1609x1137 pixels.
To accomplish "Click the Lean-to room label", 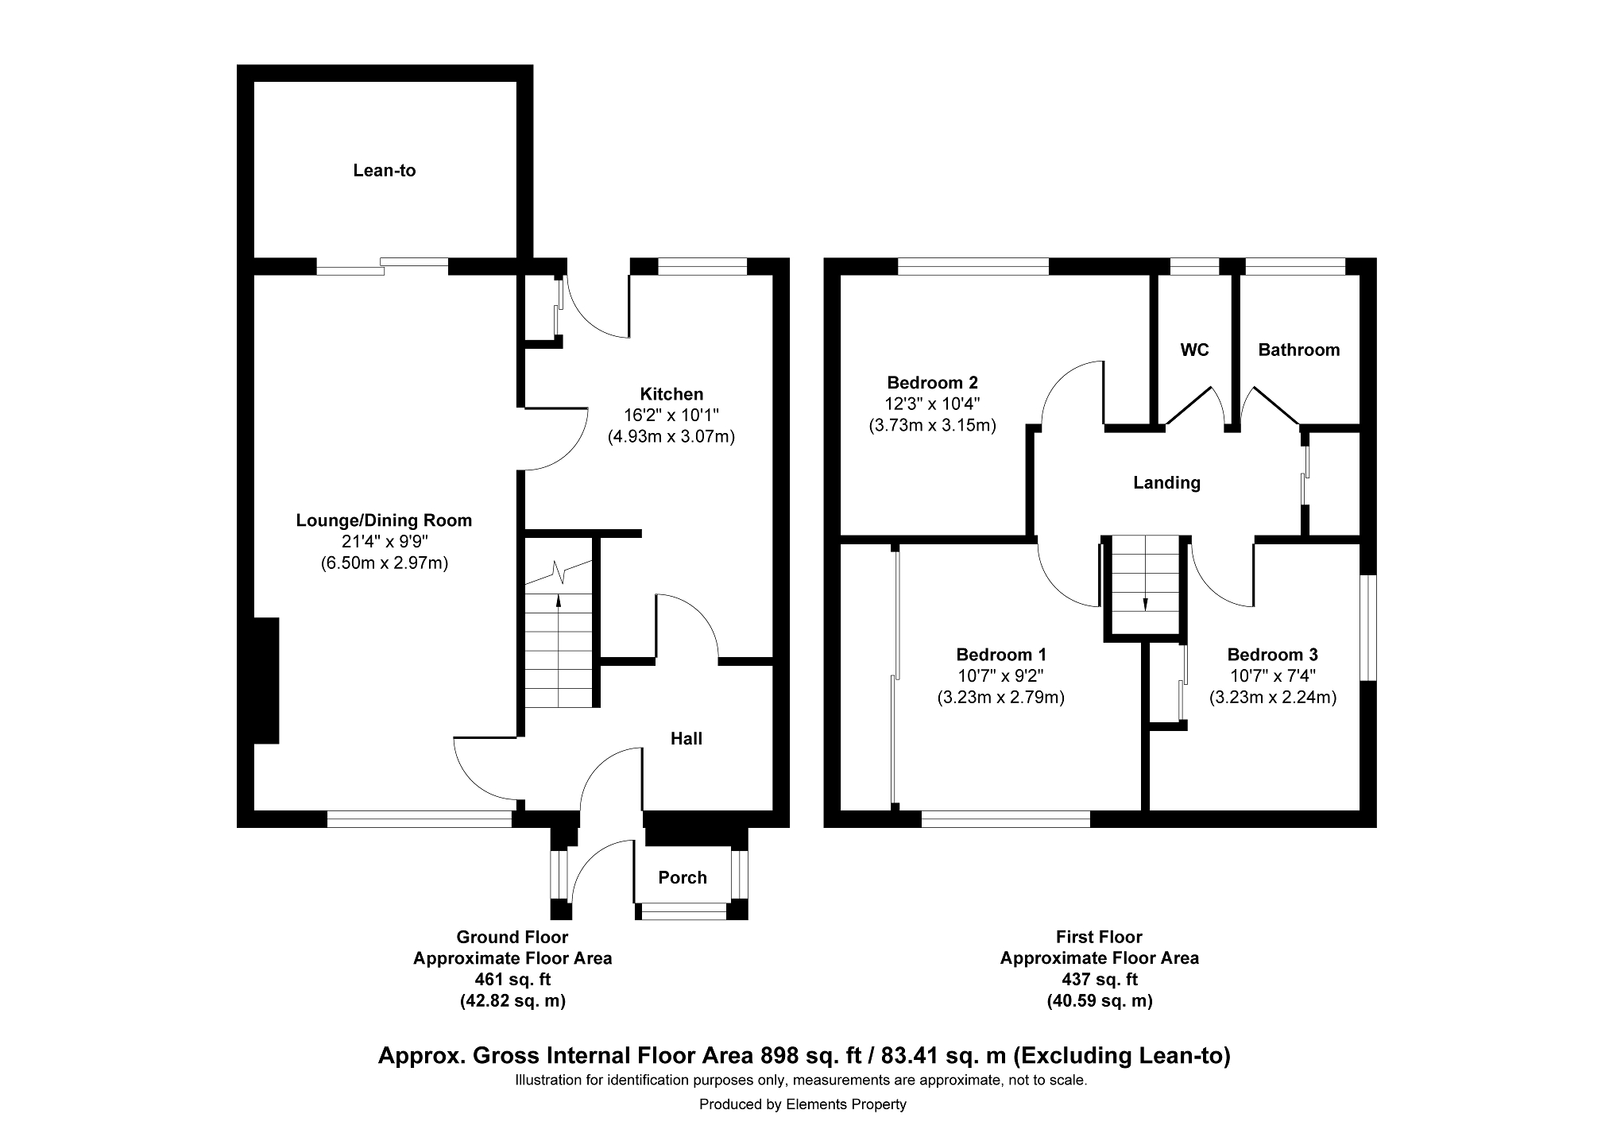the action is (385, 171).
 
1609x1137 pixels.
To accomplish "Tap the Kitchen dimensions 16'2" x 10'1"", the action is (672, 415).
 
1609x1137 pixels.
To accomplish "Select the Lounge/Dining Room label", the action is (384, 520).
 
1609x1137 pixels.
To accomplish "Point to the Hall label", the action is (687, 739).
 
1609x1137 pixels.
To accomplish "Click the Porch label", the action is (683, 877).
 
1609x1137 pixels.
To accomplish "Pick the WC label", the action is (1195, 350).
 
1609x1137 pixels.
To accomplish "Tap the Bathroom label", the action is (1299, 350).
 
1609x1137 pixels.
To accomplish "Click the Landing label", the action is (1166, 482).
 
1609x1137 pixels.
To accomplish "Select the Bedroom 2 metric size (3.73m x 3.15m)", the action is (933, 425).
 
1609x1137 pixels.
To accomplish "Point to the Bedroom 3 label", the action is (1273, 655).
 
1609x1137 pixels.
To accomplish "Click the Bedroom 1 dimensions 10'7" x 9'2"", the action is (1001, 676).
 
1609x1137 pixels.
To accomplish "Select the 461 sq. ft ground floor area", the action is (512, 979).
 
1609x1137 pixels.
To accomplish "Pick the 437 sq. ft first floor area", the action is (1100, 979).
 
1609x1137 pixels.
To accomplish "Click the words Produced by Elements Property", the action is (803, 1104).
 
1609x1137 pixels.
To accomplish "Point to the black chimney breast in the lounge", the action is (266, 680).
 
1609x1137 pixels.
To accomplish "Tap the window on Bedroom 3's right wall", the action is (1368, 628).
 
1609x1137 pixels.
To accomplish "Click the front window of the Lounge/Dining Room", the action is (420, 819).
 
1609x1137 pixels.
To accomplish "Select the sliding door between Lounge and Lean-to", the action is (383, 266).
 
